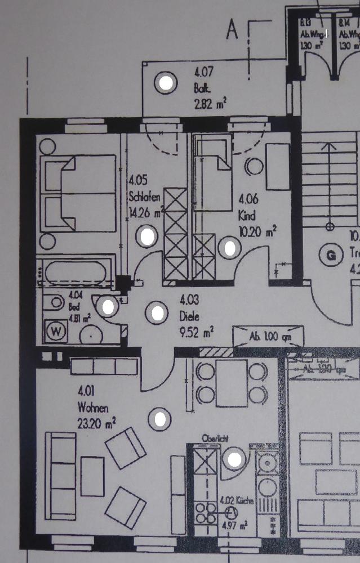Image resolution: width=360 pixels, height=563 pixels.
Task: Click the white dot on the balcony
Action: (166, 84)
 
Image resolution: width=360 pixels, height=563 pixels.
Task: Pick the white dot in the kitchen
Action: (235, 459)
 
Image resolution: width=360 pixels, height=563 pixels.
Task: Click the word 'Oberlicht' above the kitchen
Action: (216, 437)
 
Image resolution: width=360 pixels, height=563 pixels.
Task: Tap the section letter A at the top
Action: (232, 30)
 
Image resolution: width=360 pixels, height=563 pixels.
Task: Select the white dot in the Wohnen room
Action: (161, 418)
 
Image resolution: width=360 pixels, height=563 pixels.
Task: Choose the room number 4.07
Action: (205, 73)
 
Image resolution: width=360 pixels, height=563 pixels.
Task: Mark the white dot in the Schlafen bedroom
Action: (148, 236)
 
